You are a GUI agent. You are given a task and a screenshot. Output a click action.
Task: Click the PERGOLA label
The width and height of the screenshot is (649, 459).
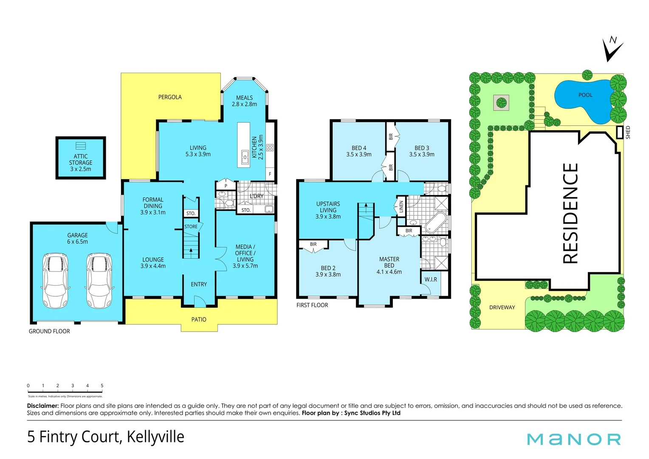[x=170, y=97]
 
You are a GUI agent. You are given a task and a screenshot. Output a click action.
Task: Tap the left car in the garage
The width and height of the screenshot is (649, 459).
[x=55, y=280]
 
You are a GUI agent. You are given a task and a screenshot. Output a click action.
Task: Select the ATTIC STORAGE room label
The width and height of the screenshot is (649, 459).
[x=81, y=163]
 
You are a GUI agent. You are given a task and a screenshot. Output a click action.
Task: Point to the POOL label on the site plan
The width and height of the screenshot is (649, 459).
[x=585, y=95]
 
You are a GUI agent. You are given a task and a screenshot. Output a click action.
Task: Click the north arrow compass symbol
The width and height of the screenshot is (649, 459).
[x=612, y=50]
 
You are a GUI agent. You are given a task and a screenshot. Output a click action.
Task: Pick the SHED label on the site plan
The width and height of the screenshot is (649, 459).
[x=628, y=132]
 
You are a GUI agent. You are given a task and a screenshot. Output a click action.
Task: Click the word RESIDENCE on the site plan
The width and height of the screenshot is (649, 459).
[x=570, y=213]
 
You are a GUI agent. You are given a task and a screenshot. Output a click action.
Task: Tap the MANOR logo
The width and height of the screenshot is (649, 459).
[x=574, y=439]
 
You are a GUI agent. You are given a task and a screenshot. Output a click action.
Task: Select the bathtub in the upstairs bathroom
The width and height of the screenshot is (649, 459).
[x=436, y=222]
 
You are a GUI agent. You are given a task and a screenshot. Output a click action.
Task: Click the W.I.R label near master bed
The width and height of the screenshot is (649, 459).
[x=431, y=279]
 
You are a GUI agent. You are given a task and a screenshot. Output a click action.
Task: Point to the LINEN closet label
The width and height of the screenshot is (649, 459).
[x=401, y=207]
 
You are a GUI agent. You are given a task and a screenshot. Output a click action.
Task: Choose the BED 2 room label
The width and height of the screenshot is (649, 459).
[x=328, y=271]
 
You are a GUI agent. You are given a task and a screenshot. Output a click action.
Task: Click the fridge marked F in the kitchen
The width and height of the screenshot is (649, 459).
[x=270, y=174]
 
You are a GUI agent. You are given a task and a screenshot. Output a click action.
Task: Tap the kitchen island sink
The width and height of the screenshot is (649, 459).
[x=245, y=157]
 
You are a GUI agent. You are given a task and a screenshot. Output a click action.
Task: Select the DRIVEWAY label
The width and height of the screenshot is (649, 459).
[x=502, y=307]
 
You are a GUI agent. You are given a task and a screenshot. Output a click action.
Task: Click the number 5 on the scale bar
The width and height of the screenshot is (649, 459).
[x=102, y=386]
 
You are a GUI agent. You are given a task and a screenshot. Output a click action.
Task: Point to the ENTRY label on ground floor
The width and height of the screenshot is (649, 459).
[x=199, y=284]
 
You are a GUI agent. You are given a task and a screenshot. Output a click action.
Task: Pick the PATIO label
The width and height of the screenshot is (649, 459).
[x=199, y=320]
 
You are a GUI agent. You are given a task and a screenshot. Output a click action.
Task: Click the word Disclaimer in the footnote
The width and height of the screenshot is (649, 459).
[x=42, y=406]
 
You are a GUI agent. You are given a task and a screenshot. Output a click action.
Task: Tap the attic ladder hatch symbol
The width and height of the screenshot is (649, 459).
[x=81, y=146]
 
